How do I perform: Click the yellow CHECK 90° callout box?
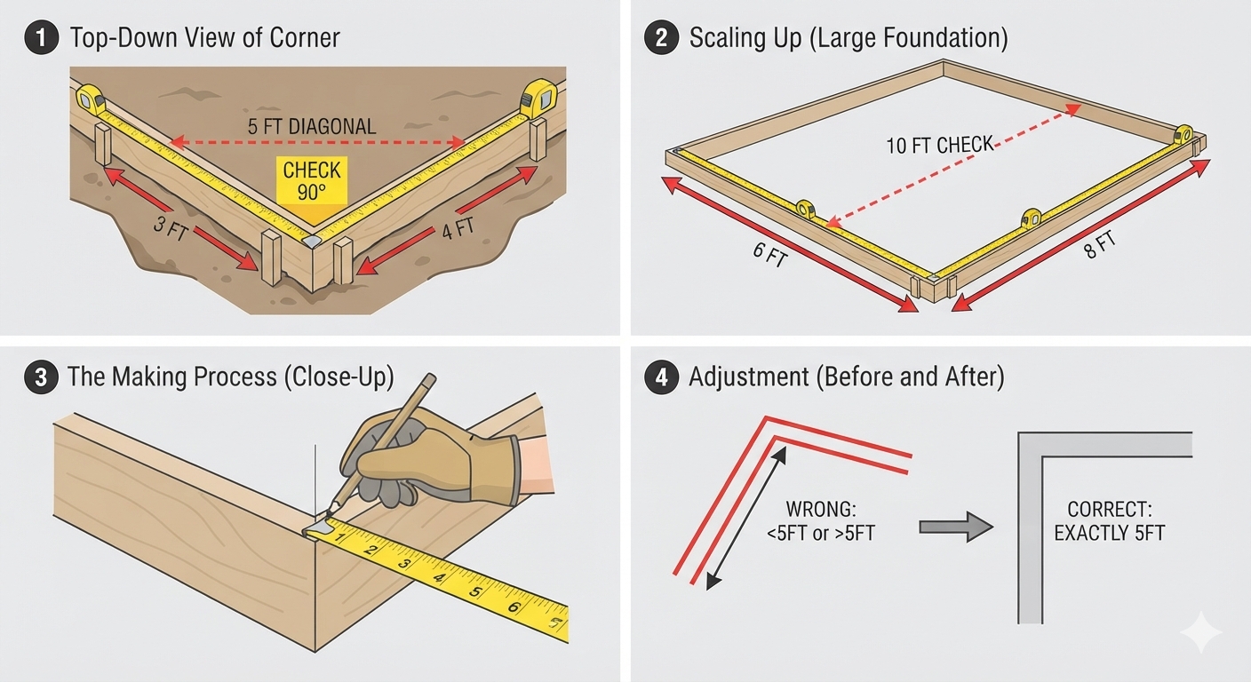tap(312, 180)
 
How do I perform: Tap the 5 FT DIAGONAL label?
tap(312, 127)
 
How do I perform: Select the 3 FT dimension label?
tap(171, 227)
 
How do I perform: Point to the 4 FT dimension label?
tap(458, 227)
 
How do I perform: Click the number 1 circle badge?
tap(42, 37)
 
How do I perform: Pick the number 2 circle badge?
tap(661, 37)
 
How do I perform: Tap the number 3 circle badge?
tap(42, 377)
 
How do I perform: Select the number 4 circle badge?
tap(661, 377)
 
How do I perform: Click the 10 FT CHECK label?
tap(940, 145)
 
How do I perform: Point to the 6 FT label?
tap(770, 255)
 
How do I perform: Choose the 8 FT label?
tap(1100, 246)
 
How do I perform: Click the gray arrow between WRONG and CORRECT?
tap(955, 527)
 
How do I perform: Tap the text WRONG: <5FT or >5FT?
tap(820, 521)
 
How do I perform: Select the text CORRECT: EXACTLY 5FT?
tap(1109, 521)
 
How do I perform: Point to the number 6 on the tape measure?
tap(514, 607)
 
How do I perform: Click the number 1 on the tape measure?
tap(339, 538)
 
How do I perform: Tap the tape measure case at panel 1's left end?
tap(90, 99)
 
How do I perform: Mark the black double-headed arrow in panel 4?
tap(746, 518)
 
